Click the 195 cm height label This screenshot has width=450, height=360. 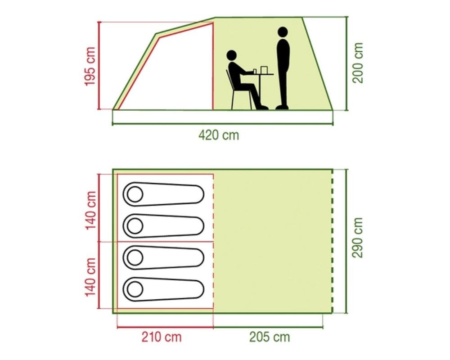click(x=90, y=66)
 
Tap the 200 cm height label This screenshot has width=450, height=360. click(x=358, y=63)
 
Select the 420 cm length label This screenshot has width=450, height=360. click(x=219, y=135)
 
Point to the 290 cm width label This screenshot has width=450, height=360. click(x=358, y=238)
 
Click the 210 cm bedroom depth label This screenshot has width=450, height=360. click(x=162, y=337)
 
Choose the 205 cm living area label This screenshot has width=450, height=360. click(x=270, y=337)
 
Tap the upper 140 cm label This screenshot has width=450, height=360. click(x=90, y=211)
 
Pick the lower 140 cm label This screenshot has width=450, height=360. click(x=90, y=277)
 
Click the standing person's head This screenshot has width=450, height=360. click(x=283, y=32)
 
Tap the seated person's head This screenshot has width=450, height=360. click(x=231, y=55)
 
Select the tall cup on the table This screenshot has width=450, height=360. click(x=264, y=70)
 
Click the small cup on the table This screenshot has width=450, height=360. click(x=255, y=71)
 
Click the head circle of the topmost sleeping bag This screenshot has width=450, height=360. click(x=135, y=194)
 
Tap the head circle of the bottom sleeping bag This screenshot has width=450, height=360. click(x=135, y=289)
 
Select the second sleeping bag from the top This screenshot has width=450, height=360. click(x=163, y=226)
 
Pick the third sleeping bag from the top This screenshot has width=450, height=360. click(x=163, y=257)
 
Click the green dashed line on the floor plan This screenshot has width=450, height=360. click(x=333, y=241)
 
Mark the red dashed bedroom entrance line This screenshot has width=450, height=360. click(x=213, y=241)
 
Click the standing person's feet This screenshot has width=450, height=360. click(x=282, y=107)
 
